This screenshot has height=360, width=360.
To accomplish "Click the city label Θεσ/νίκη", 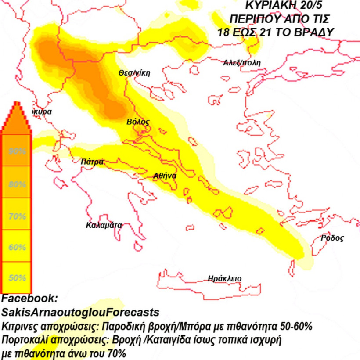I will tap(134, 73).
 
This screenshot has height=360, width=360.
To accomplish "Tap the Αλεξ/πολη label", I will tap(242, 63).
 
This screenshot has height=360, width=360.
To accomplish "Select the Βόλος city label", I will tap(138, 122).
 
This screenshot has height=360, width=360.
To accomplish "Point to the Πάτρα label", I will tap(92, 162).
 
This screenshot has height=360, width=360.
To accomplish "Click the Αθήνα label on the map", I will tap(165, 176).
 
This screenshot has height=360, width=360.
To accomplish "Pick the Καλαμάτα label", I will tap(104, 226).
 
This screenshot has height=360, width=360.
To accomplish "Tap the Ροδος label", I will tap(332, 238).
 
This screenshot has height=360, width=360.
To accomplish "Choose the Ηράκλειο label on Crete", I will tap(225, 278).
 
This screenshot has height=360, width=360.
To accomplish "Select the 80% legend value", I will tap(18, 184).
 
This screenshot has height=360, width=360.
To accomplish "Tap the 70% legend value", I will tap(18, 216).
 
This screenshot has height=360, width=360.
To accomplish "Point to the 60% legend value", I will tap(18, 247).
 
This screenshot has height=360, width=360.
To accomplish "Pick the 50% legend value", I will tap(18, 278).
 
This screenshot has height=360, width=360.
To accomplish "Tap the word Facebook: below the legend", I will tap(29, 299).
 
